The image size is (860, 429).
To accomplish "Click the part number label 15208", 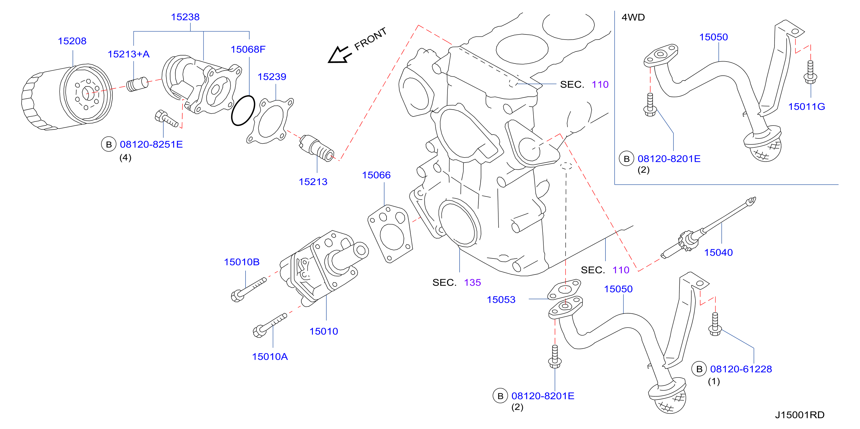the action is (72, 41).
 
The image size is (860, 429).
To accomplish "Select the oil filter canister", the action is (67, 97).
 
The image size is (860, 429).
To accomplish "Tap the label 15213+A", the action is (129, 54).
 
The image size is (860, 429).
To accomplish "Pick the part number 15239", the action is (272, 77).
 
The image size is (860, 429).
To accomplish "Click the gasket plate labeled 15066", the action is (390, 234).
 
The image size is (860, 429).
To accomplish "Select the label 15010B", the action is (242, 262).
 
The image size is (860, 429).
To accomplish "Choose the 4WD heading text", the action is (633, 17).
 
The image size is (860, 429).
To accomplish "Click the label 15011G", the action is (807, 106).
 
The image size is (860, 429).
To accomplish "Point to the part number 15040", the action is (718, 252).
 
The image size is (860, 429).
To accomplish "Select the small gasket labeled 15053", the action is (564, 289).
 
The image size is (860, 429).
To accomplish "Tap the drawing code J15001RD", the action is (800, 415).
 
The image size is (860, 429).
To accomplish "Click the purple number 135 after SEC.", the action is (472, 282).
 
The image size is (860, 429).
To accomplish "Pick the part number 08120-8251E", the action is (151, 144).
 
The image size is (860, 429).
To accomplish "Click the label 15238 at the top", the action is (185, 17).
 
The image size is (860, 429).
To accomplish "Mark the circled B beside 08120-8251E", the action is (109, 144).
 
